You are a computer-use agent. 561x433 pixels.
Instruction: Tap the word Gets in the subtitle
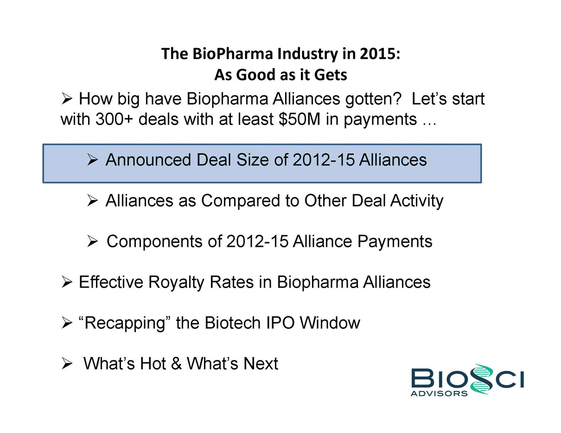(x=331, y=75)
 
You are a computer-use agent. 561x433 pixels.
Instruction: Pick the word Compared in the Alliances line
(x=241, y=201)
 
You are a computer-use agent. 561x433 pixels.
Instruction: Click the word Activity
(x=417, y=201)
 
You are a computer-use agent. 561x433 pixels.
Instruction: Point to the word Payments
(x=395, y=242)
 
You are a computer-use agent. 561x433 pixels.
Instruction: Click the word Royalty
(x=176, y=282)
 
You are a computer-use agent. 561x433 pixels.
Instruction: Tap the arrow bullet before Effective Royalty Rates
(x=67, y=282)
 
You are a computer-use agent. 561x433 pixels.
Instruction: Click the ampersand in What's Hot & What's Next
(x=176, y=364)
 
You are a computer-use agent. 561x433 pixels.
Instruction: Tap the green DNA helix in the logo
(x=481, y=379)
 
